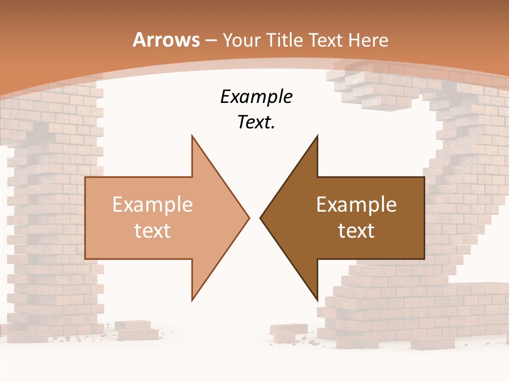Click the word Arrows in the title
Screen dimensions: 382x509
point(166,40)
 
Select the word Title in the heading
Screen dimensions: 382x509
point(284,40)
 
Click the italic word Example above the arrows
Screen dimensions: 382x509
point(256,97)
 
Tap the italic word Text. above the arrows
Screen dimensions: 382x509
point(256,123)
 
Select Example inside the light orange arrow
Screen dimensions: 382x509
point(153,204)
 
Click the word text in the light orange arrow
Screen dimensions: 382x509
point(153,230)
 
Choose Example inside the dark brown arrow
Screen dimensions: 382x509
point(356,204)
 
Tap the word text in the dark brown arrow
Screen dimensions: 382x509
point(356,230)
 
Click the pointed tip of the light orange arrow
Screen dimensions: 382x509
point(248,218)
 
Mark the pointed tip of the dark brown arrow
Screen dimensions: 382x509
point(261,218)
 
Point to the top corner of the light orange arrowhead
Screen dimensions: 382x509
point(192,136)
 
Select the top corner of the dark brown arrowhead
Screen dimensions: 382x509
point(317,136)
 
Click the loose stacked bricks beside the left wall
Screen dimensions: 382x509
point(136,330)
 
